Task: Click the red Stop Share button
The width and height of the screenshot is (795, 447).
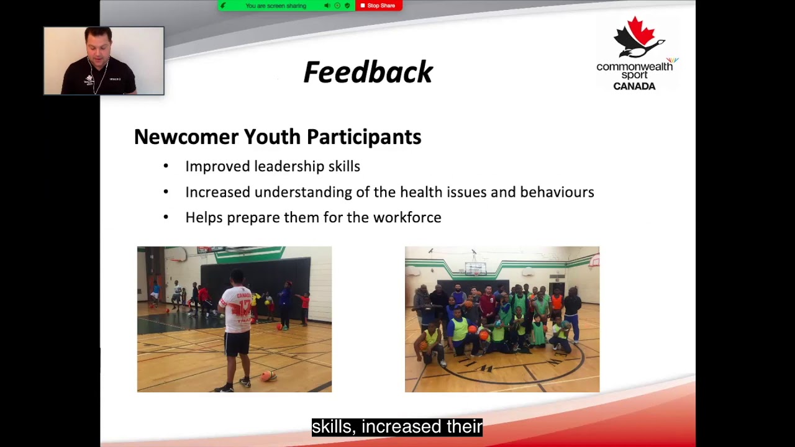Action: [x=379, y=6]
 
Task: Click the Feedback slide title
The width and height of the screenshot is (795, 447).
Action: [x=368, y=72]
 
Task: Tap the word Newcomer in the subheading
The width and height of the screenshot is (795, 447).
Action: [x=186, y=137]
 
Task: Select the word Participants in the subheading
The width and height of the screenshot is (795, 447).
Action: [x=364, y=137]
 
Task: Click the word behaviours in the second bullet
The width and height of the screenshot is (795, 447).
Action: [x=557, y=192]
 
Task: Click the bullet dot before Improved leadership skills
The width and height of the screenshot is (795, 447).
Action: [x=166, y=166]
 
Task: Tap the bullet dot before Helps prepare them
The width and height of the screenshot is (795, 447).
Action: [x=166, y=217]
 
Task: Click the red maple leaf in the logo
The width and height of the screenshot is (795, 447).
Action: [x=641, y=31]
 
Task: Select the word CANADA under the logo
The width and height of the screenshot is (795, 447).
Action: [x=634, y=86]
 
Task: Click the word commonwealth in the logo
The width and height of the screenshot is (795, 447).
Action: [x=634, y=66]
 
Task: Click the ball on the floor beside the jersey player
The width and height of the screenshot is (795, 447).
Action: [x=269, y=376]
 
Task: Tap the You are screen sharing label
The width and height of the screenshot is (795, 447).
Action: [x=275, y=6]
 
